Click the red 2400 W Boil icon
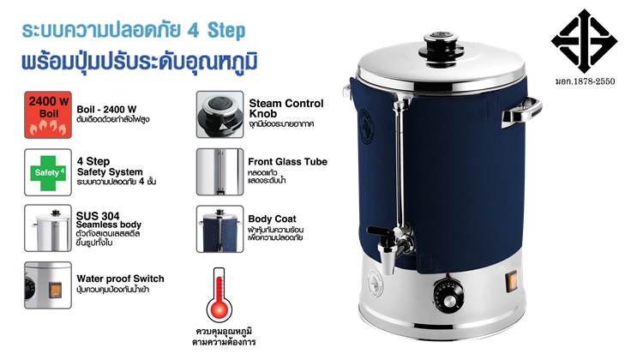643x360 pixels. pyautogui.click(x=48, y=113)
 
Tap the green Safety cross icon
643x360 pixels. pyautogui.click(x=48, y=171)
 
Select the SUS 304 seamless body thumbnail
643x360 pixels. pyautogui.click(x=48, y=228)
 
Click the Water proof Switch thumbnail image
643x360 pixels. pyautogui.click(x=48, y=285)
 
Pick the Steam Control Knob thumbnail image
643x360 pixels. pyautogui.click(x=219, y=113)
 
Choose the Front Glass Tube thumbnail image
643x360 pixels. pyautogui.click(x=219, y=171)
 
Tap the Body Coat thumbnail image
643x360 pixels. pyautogui.click(x=219, y=228)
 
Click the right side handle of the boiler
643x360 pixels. pyautogui.click(x=524, y=110)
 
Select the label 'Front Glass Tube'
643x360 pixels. pyautogui.click(x=287, y=161)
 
